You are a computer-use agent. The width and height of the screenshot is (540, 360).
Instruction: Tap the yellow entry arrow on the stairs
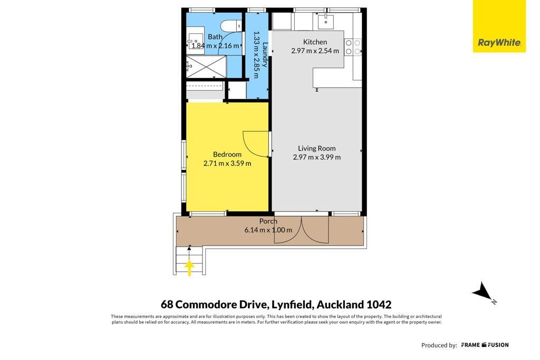tap(189, 268)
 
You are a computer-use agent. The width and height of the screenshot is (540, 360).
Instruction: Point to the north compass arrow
tap(483, 292)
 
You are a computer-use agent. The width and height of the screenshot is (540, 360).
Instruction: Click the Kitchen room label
tap(315, 42)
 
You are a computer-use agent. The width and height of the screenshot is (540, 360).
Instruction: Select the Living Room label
tap(316, 148)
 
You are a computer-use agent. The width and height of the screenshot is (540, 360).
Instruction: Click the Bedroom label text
tap(227, 154)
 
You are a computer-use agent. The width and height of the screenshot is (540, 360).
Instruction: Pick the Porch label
tap(268, 221)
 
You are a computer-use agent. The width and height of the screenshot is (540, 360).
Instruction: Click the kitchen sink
tap(325, 21)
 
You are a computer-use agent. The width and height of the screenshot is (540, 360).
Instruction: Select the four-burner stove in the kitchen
tap(353, 47)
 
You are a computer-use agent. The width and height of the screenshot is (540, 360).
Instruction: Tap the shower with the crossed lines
tap(206, 67)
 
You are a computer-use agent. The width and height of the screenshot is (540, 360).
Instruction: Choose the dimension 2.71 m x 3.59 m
tap(227, 163)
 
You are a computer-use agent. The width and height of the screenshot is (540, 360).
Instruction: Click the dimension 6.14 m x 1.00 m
tap(268, 230)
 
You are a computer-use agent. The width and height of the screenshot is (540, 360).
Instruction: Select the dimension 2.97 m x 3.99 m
tap(316, 157)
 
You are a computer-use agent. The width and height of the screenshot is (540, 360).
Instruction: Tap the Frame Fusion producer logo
tap(485, 345)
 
